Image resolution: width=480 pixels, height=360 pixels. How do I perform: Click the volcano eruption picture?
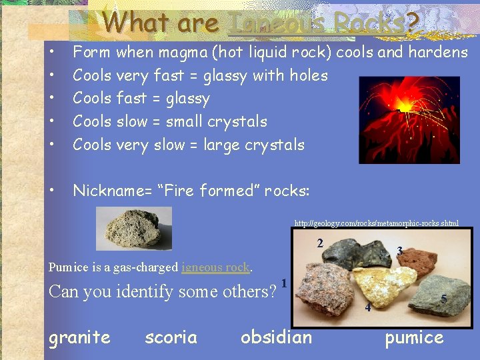pyautogui.click(x=409, y=120)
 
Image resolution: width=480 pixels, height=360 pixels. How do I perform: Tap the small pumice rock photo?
pyautogui.click(x=133, y=228)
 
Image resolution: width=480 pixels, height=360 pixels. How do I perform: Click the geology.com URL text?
pyautogui.click(x=377, y=223)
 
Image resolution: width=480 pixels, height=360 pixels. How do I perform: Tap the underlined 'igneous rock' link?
pyautogui.click(x=215, y=267)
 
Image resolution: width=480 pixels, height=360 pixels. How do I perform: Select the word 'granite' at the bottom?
pyautogui.click(x=79, y=337)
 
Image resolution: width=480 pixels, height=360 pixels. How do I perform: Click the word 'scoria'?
pyautogui.click(x=171, y=337)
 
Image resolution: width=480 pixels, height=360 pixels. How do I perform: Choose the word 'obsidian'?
pyautogui.click(x=276, y=337)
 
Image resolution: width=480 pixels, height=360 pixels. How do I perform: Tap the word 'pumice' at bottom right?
pyautogui.click(x=413, y=337)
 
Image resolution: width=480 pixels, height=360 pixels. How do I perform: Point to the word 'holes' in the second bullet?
pyautogui.click(x=306, y=75)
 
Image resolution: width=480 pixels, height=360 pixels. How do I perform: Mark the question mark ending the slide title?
pyautogui.click(x=411, y=23)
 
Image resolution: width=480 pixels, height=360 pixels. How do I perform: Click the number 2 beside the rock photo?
pyautogui.click(x=320, y=243)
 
